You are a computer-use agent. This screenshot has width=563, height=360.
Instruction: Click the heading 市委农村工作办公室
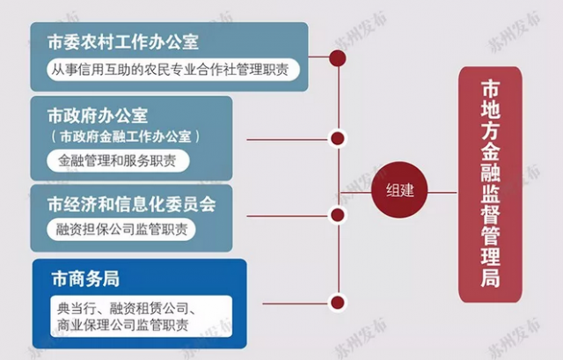(123, 42)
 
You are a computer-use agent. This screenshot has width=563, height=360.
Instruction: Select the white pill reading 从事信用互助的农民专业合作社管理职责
(173, 70)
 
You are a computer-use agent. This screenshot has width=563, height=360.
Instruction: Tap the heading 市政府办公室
(98, 115)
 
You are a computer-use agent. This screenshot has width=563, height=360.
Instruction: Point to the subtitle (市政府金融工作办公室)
(125, 137)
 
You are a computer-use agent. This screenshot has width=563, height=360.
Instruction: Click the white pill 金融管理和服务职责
(118, 160)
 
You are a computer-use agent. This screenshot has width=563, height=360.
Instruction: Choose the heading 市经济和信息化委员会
(131, 204)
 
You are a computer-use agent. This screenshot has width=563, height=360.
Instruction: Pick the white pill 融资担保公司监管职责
(121, 229)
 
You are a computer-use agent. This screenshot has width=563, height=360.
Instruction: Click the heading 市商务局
(85, 279)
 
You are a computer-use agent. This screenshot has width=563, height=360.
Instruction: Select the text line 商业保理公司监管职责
(123, 325)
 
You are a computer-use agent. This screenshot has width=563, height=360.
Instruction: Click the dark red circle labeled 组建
(399, 190)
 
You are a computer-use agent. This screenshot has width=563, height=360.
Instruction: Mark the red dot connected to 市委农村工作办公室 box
(338, 58)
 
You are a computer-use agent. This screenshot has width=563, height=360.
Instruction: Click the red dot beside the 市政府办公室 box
(338, 138)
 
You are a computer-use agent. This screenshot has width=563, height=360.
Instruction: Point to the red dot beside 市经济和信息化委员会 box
(338, 215)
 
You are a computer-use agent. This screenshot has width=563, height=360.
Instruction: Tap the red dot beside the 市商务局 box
(338, 303)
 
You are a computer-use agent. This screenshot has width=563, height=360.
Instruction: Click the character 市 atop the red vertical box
(491, 89)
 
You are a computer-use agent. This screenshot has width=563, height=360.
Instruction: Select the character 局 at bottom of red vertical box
(491, 278)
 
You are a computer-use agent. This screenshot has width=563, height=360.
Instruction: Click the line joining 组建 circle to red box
(442, 192)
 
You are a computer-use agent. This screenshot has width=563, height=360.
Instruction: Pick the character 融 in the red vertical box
(491, 173)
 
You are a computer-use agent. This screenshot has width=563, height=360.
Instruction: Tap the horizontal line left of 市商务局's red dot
(296, 304)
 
